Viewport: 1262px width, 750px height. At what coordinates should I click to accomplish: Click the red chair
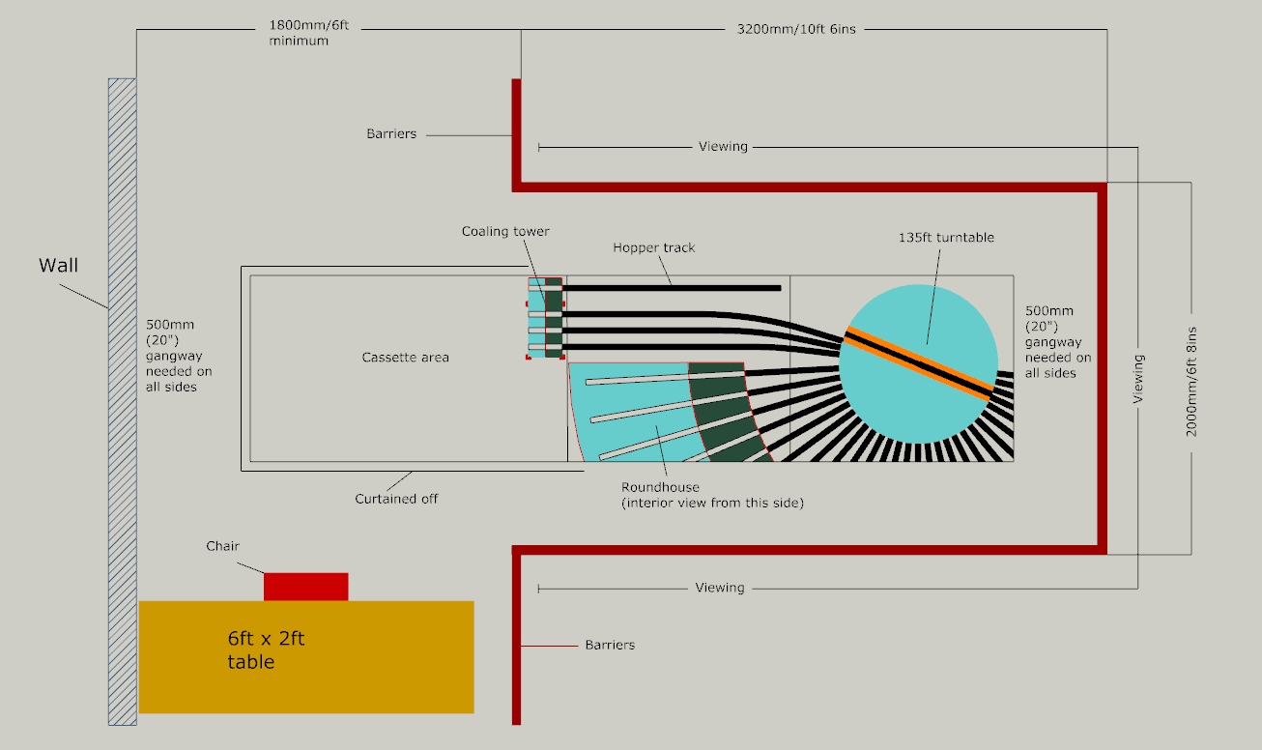(305, 587)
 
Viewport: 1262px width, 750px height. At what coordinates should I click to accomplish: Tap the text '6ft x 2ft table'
(266, 650)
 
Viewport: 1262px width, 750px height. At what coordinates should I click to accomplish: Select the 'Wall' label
(58, 265)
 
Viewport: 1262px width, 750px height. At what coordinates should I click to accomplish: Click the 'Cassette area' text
(405, 358)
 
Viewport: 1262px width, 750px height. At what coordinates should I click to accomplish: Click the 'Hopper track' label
(653, 247)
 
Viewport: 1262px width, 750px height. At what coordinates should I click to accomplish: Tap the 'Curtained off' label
(396, 499)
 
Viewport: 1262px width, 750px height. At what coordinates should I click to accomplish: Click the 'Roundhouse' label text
(660, 487)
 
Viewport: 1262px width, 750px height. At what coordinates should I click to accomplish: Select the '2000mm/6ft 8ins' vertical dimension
(1191, 368)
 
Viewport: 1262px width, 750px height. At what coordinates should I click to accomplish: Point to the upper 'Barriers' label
(391, 133)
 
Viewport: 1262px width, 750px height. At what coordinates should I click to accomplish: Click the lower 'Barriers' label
(610, 645)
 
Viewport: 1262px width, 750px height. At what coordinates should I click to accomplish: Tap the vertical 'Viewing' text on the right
(1138, 378)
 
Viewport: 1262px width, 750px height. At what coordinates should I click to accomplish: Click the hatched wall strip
(122, 400)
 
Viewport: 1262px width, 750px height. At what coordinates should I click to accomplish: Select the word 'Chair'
(222, 546)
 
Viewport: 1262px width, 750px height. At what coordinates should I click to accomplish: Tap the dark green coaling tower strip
(553, 318)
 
